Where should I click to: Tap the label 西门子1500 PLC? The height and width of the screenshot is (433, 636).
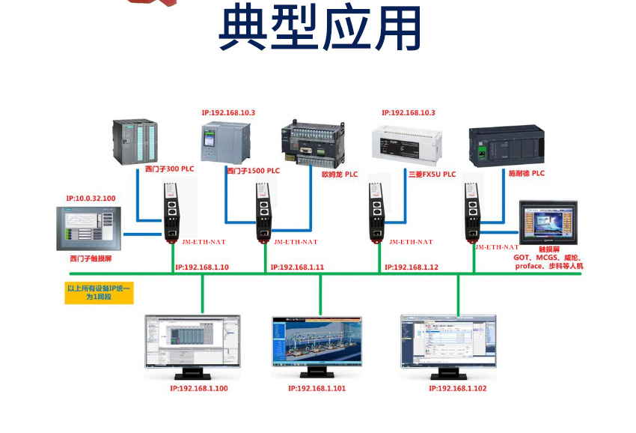253,171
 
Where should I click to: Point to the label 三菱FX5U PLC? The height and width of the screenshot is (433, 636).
432,175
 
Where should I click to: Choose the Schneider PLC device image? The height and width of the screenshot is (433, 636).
505,145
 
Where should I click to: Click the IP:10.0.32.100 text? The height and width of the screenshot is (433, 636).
91,199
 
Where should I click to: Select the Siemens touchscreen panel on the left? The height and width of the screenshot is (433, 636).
88,228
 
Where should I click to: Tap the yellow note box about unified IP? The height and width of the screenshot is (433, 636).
99,292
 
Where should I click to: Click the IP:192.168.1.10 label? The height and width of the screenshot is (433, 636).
202,267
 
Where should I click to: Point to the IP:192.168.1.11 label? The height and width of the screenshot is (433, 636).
297,267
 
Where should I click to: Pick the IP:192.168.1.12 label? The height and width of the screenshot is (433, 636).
412,267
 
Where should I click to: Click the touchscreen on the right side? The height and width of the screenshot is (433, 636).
549,222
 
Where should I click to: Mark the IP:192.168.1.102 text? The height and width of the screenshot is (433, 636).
457,389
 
